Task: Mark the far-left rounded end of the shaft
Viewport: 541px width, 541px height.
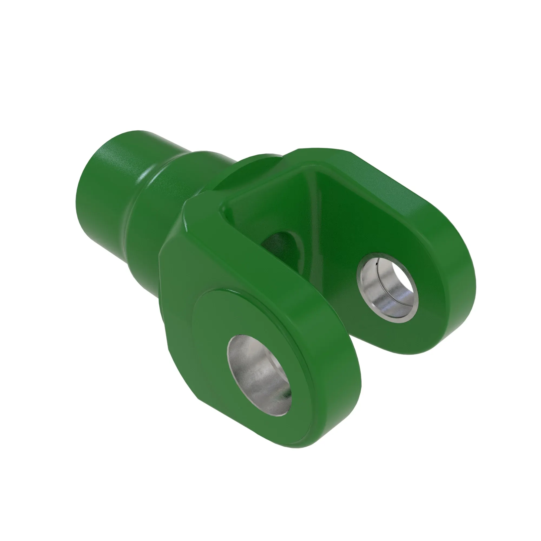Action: tap(81, 202)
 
